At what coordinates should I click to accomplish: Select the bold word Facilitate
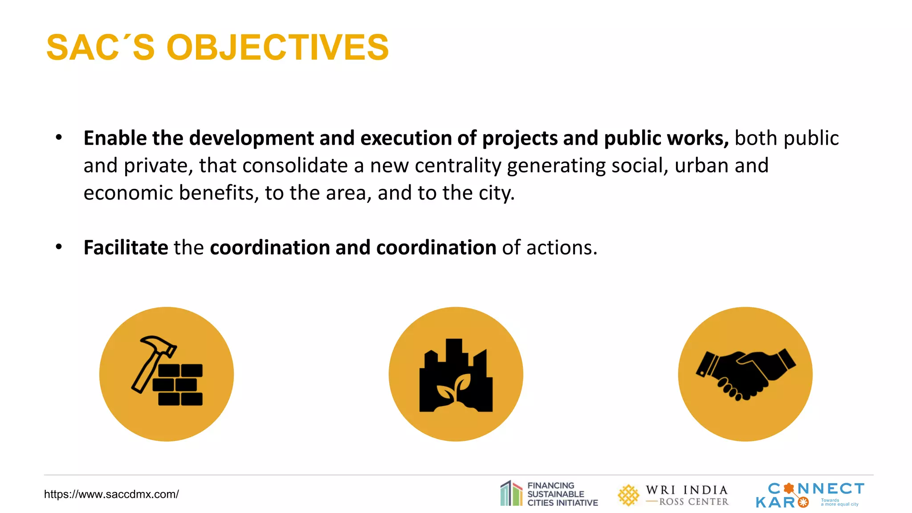[x=126, y=248]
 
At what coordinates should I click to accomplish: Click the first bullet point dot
[x=59, y=138]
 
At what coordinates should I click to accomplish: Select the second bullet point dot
[x=59, y=247]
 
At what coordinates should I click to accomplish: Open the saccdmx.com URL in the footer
[x=111, y=494]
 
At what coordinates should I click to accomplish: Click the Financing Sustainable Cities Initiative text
[x=562, y=494]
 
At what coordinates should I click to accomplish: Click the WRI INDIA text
[x=687, y=490]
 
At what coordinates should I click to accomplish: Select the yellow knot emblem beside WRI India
[x=628, y=495]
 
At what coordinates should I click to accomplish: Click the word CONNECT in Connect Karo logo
[x=816, y=489]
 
